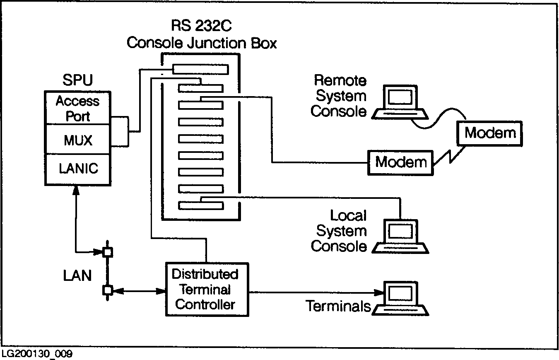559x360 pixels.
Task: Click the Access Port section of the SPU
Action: [x=77, y=108]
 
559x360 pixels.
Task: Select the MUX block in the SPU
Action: [x=77, y=140]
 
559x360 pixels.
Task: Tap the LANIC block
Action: [x=78, y=169]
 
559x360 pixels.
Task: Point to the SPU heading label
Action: [x=77, y=80]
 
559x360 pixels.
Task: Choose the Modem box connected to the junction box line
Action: [x=400, y=162]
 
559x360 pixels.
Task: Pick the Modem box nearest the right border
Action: [x=490, y=133]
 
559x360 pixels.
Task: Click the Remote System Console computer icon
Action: [x=400, y=102]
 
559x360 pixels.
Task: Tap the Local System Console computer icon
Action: [x=400, y=236]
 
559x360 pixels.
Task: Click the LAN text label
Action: [x=77, y=275]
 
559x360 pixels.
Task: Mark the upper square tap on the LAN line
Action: [x=107, y=251]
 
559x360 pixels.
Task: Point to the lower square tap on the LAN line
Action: [x=107, y=290]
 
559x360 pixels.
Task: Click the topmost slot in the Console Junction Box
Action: [x=200, y=69]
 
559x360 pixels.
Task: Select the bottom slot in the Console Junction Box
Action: [x=200, y=205]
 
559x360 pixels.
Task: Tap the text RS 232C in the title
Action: [x=201, y=26]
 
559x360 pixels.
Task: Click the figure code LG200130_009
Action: [x=37, y=354]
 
